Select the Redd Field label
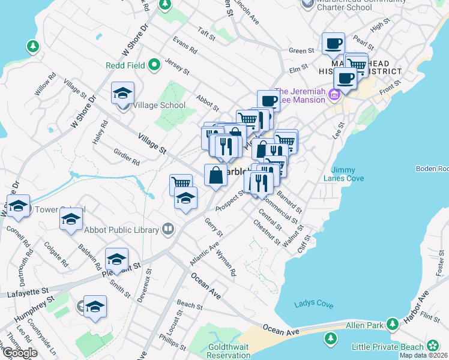coord(125,65)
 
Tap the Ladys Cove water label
coord(314,304)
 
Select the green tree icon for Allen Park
coord(392,325)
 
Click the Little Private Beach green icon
coord(432,346)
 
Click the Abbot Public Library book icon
coord(169,229)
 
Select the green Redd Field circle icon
coord(154,65)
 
